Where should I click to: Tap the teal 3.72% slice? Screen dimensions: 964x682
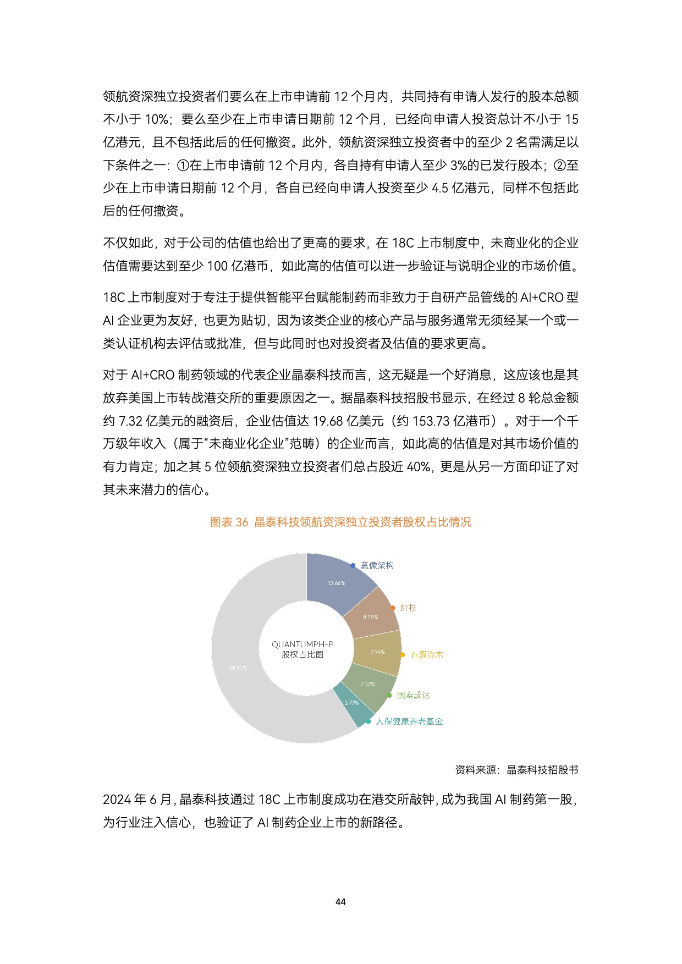[351, 703]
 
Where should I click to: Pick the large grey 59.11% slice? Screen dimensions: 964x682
[238, 668]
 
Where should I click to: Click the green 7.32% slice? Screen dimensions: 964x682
[368, 685]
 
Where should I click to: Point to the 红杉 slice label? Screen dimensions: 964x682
[408, 608]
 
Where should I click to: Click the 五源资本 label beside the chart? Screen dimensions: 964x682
[426, 655]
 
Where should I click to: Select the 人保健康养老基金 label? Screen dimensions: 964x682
[409, 721]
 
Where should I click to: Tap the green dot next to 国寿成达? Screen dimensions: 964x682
[389, 696]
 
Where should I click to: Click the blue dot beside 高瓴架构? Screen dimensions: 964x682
[353, 565]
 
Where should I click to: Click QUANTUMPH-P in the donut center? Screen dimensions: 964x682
[302, 644]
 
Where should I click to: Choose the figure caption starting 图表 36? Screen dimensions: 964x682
[340, 522]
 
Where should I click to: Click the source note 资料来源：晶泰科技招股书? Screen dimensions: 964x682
[516, 770]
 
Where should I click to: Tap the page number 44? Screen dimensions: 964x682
[340, 902]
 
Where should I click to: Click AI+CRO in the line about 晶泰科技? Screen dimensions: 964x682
[152, 375]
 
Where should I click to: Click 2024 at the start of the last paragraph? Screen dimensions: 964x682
[116, 800]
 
